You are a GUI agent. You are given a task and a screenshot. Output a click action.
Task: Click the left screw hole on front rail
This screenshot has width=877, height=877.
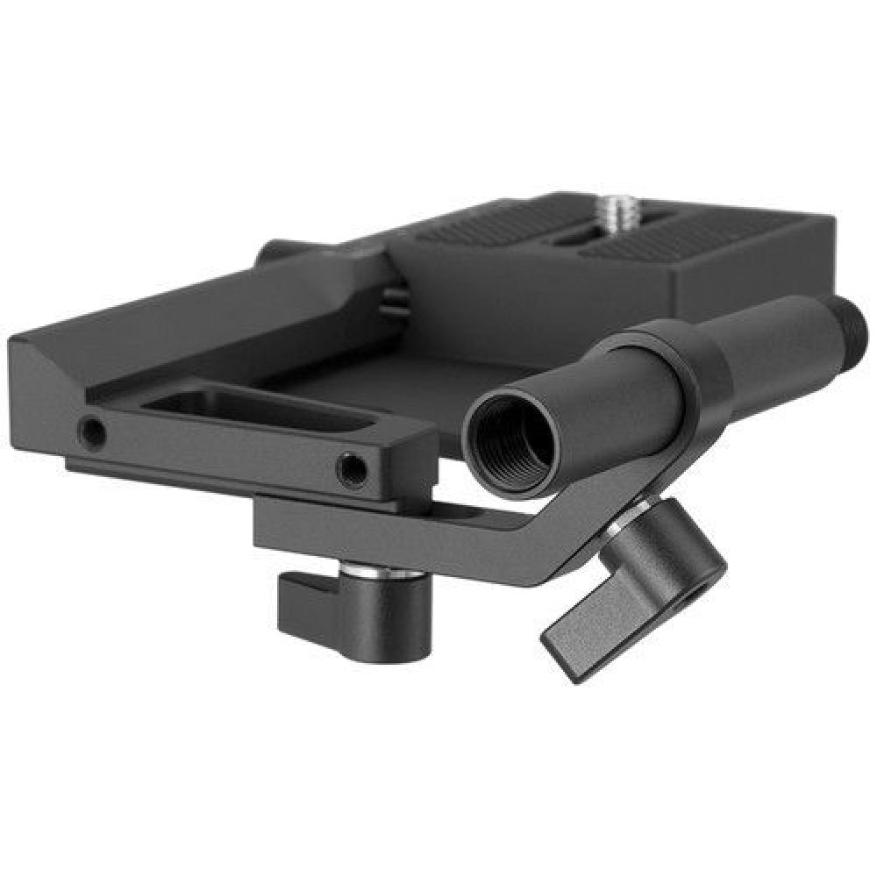[90, 431]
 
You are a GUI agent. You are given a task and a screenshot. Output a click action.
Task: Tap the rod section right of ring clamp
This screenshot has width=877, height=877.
[772, 342]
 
